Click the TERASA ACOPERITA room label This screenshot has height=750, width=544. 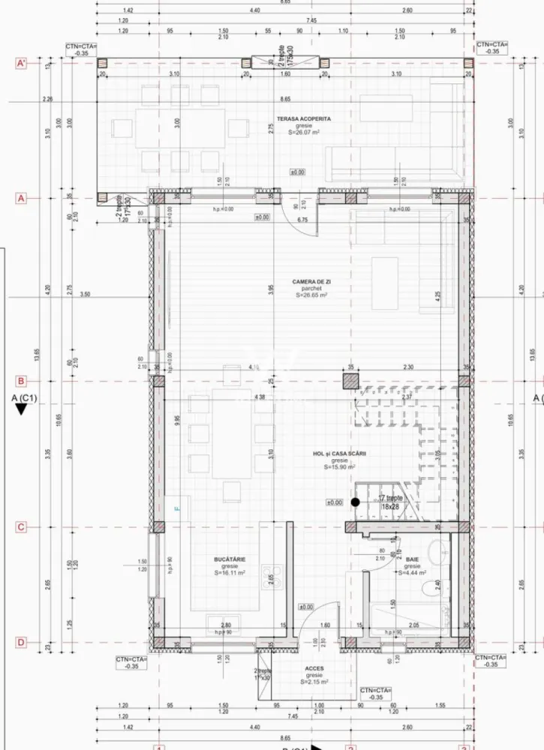pos(303,118)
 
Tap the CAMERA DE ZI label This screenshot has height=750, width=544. pos(311,282)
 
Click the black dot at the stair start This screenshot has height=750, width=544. pos(355,502)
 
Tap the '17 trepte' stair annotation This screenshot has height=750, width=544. pos(390,498)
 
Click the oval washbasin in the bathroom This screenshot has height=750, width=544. pos(434,553)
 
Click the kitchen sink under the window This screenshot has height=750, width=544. pos(224,624)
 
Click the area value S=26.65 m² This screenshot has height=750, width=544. pos(311,295)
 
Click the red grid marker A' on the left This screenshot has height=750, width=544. pos(22,64)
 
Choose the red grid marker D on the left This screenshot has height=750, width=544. pos(21,642)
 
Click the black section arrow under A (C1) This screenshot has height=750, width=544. pos(22,409)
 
